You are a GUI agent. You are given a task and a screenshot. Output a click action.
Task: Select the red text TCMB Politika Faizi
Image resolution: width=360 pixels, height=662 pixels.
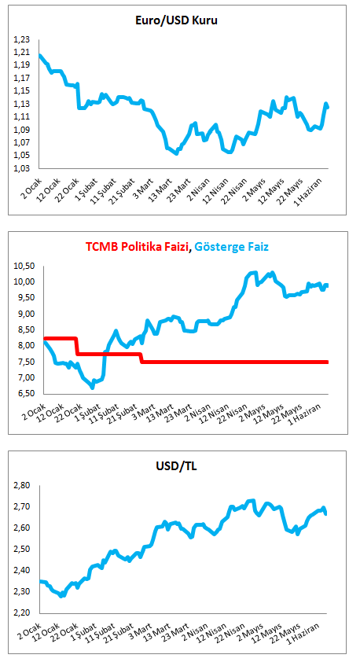click(138, 246)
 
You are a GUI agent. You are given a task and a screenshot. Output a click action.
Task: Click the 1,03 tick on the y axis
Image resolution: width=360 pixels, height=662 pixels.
click(24, 168)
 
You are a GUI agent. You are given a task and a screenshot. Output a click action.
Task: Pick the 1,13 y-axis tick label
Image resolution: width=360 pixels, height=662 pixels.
click(24, 104)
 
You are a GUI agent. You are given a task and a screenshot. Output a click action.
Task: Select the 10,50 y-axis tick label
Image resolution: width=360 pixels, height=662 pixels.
click(22, 266)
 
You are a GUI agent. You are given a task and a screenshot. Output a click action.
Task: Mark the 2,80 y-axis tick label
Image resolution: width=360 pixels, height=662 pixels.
click(24, 486)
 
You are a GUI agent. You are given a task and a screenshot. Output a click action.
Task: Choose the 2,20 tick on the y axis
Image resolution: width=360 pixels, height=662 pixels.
click(24, 612)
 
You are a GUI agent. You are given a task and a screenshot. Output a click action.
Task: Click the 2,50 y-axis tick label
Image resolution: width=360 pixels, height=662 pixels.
click(24, 550)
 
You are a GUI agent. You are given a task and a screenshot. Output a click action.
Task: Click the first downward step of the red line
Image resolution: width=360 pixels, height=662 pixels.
click(77, 346)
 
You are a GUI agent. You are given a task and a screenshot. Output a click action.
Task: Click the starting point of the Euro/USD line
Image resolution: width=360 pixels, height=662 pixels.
click(40, 55)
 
